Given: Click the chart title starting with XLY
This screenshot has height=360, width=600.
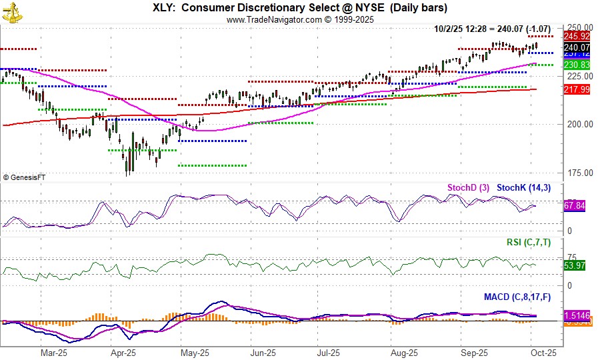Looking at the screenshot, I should pos(300,8).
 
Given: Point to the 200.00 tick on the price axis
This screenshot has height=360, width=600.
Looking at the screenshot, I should pos(578,124).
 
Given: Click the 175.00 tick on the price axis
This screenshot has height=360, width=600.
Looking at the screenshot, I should pos(578,173).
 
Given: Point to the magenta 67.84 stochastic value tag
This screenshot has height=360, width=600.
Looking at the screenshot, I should pos(575,206).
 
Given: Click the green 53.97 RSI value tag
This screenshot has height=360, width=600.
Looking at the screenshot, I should pos(575,266).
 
